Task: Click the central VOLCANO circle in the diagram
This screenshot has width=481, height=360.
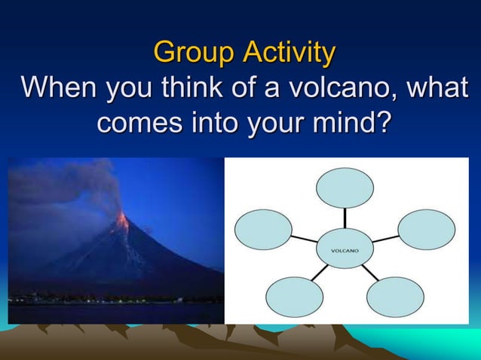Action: click(x=345, y=249)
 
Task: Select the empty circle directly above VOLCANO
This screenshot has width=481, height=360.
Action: click(x=345, y=188)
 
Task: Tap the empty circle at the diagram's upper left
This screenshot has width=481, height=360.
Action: click(x=263, y=229)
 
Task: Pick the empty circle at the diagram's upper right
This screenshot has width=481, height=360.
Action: click(x=426, y=229)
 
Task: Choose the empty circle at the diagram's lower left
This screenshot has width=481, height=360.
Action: click(x=295, y=297)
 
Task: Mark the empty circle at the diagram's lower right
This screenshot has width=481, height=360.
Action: click(x=395, y=297)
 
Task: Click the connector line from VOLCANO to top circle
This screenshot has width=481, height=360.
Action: click(x=345, y=219)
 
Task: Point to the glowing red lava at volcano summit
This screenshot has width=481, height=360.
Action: click(x=122, y=221)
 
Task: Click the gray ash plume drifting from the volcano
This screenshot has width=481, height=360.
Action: click(x=68, y=188)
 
